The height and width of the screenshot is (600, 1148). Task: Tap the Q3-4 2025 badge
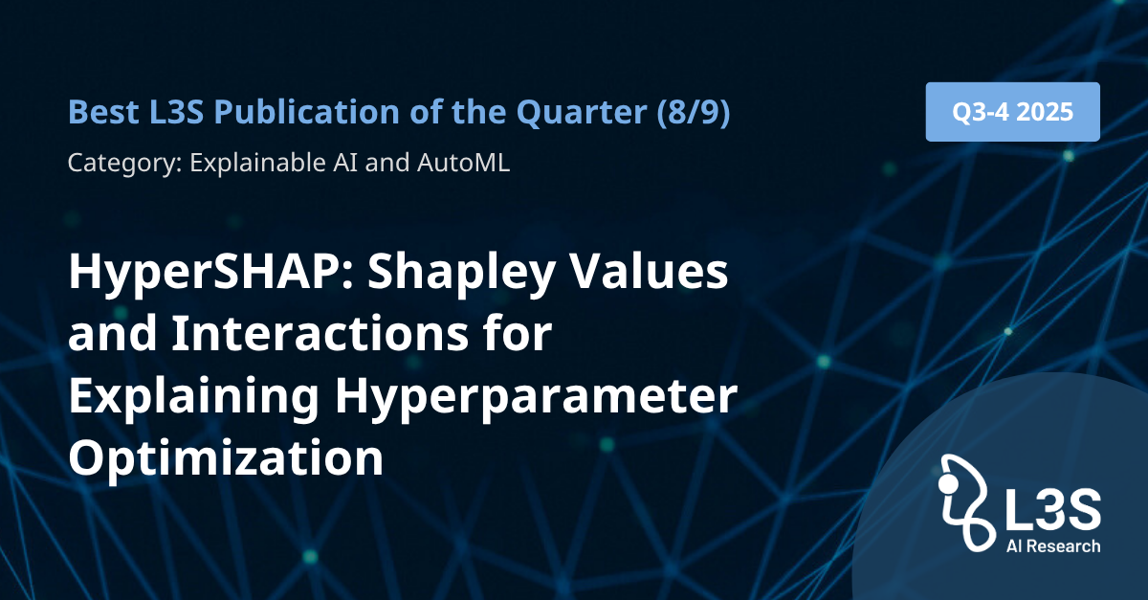click(x=1013, y=112)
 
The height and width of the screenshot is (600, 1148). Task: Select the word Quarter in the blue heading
click(x=582, y=113)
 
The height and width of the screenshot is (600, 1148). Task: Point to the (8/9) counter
click(x=694, y=112)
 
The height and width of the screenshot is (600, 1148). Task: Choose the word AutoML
click(x=463, y=163)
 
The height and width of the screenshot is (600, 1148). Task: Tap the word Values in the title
click(x=650, y=272)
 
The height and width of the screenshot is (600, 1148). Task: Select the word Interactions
click(x=320, y=333)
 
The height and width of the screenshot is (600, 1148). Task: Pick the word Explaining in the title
click(x=194, y=397)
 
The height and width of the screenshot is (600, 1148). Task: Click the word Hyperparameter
click(x=536, y=397)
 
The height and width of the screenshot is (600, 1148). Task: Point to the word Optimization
click(x=226, y=459)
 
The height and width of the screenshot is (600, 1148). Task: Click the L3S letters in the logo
click(x=1052, y=510)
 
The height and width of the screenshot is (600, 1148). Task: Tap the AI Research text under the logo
click(x=1053, y=546)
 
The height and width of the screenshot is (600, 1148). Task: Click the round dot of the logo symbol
click(x=948, y=483)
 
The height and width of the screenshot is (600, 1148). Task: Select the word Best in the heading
click(x=103, y=112)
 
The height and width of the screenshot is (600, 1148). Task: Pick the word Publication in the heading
click(x=306, y=112)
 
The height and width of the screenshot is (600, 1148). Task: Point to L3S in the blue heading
click(x=177, y=112)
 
